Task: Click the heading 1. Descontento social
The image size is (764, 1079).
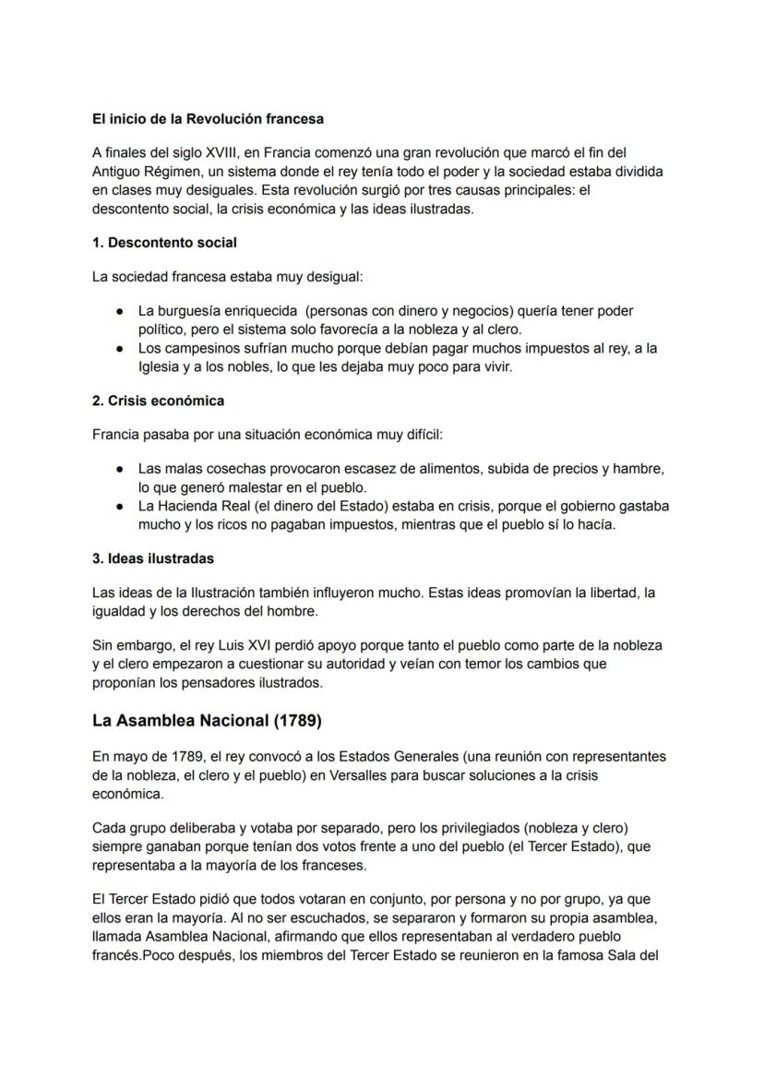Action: [164, 243]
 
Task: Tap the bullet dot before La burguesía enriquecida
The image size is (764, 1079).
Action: [120, 311]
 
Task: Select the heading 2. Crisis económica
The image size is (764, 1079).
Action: [158, 401]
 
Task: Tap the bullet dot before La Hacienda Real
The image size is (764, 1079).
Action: [120, 507]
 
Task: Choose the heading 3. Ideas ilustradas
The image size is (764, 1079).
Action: [152, 558]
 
